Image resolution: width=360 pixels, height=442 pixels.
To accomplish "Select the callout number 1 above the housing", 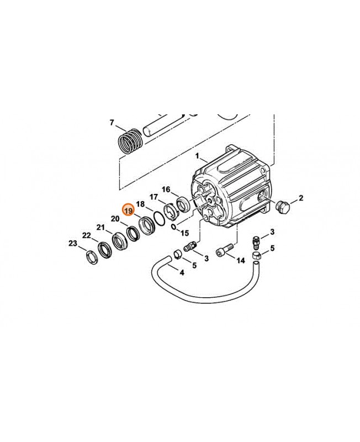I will pos(197,157).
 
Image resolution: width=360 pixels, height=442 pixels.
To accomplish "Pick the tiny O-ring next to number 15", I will pos(173,227).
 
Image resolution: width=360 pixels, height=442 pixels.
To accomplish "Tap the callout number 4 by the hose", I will pos(182,271).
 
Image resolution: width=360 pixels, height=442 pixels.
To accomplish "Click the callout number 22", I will pos(86,235).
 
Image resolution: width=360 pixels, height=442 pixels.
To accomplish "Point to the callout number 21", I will pos(100,227).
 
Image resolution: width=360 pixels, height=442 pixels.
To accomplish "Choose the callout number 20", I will pos(115,219).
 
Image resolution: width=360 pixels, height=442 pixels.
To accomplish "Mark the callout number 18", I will pos(140,204).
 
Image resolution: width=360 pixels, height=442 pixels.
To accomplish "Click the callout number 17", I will pos(153,196).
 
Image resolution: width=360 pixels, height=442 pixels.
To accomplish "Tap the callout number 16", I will pos(166,189).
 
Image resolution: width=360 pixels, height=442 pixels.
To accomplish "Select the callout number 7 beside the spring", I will pos(112,122).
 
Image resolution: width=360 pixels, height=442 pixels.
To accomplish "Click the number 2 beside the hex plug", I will pos(301,198).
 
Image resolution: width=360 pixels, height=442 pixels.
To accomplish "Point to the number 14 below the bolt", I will pos(241,260).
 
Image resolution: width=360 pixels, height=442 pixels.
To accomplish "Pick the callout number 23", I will pos(72,243).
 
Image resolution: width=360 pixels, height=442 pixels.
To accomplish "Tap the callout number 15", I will pos(184,233).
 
